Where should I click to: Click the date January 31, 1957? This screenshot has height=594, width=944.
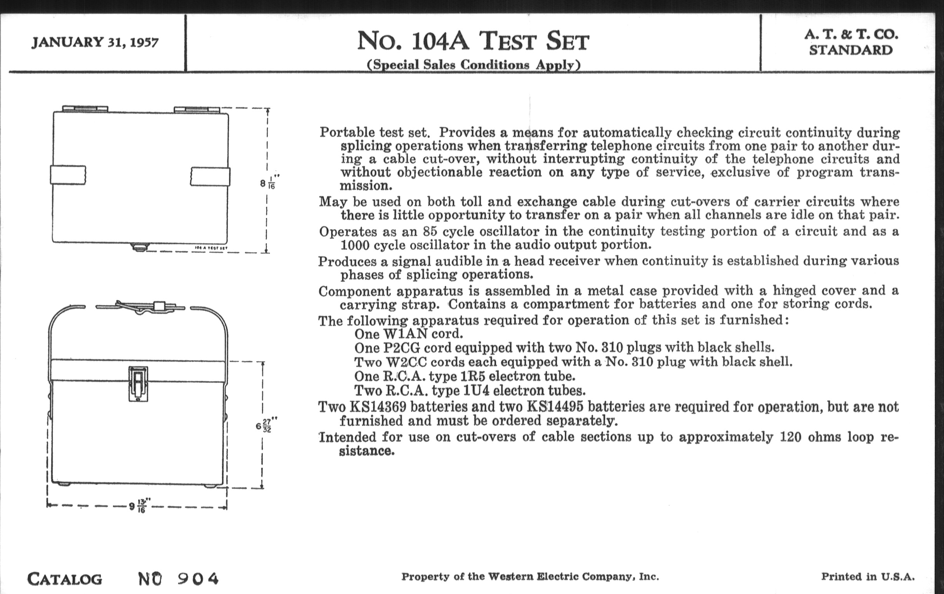click(95, 42)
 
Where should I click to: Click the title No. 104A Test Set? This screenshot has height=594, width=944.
click(473, 41)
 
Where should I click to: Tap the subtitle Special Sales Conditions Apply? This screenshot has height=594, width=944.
click(473, 65)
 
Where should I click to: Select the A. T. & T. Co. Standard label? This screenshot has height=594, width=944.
click(851, 42)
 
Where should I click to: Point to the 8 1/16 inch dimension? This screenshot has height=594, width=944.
click(269, 183)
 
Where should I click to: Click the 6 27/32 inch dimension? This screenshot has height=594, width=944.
click(265, 426)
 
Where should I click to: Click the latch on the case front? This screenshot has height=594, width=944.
click(138, 384)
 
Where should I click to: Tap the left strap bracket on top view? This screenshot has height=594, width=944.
click(68, 175)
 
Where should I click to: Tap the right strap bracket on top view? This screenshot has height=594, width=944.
click(210, 176)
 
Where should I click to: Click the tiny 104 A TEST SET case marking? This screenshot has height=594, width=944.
click(211, 248)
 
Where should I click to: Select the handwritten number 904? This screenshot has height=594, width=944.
click(198, 578)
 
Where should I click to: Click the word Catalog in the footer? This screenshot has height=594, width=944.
click(65, 579)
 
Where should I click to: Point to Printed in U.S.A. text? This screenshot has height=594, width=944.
click(868, 577)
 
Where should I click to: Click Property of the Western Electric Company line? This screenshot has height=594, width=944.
click(530, 577)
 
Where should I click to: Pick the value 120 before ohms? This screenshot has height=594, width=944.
click(791, 437)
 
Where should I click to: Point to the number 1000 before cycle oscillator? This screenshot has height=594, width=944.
click(355, 245)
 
